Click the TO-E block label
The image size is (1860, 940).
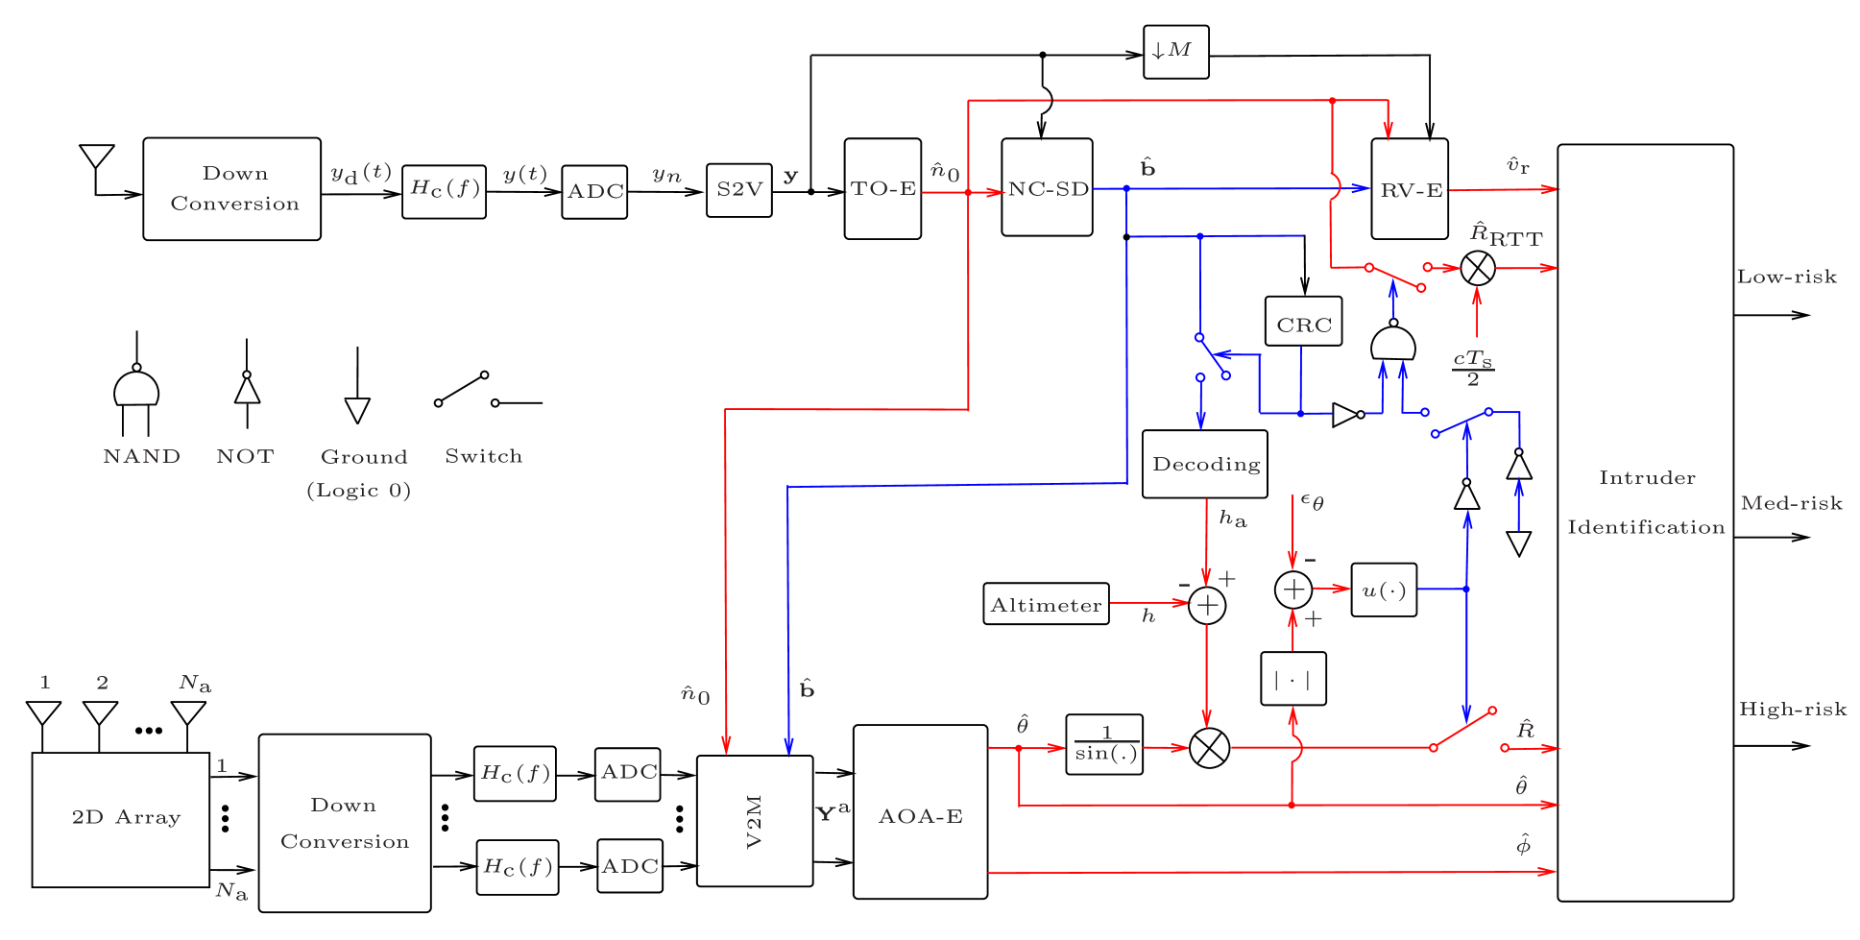coord(883,189)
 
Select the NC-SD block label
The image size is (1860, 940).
coord(1049,189)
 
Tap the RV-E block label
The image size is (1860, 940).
coord(1412,190)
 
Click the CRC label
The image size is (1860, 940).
coord(1304,325)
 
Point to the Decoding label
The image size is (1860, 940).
coord(1206,465)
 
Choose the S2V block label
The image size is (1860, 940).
coord(739,189)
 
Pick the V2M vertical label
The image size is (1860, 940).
coord(754,821)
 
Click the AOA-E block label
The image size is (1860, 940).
coord(920,817)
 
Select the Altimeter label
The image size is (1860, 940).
coord(1046,606)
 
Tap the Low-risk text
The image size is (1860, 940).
coord(1786,277)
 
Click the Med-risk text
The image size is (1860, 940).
coord(1791,503)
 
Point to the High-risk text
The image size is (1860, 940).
coord(1793,710)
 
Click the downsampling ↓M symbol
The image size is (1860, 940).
coord(1171,50)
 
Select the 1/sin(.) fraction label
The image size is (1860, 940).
coord(1106,745)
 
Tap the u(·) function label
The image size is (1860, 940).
coord(1384,591)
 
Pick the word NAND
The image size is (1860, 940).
coord(141,456)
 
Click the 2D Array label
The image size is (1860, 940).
coord(126,818)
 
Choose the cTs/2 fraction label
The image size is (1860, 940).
coord(1473,368)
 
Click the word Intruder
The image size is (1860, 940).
coord(1647,478)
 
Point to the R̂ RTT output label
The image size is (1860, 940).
coord(1507,235)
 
